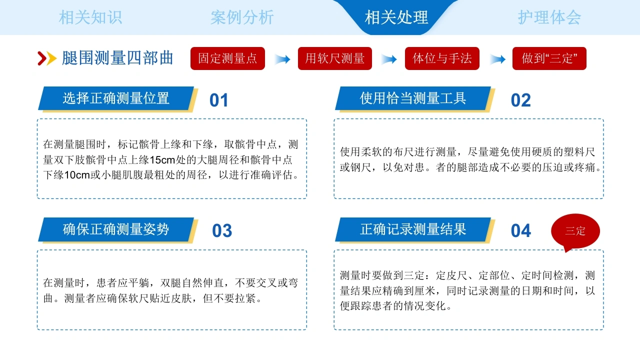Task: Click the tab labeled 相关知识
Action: tap(90, 17)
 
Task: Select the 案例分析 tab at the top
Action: tap(242, 17)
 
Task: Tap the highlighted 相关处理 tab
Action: tap(396, 17)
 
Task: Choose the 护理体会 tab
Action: tap(549, 17)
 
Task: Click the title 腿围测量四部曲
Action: tap(117, 58)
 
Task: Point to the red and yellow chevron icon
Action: tap(47, 58)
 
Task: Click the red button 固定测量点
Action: tap(227, 58)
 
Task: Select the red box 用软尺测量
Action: tap(335, 58)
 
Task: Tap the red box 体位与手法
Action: tap(442, 58)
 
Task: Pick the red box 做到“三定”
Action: tap(549, 58)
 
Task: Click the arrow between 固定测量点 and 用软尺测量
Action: tap(282, 59)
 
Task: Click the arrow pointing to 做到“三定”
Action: tap(497, 59)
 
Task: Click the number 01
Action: tap(218, 100)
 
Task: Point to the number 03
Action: tap(222, 231)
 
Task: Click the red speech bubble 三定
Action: tap(575, 231)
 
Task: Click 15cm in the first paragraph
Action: tap(162, 160)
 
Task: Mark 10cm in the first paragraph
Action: tap(77, 175)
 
